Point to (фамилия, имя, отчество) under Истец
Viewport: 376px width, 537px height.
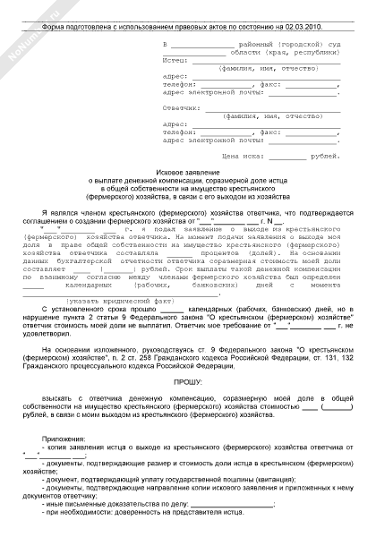click(x=260, y=68)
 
